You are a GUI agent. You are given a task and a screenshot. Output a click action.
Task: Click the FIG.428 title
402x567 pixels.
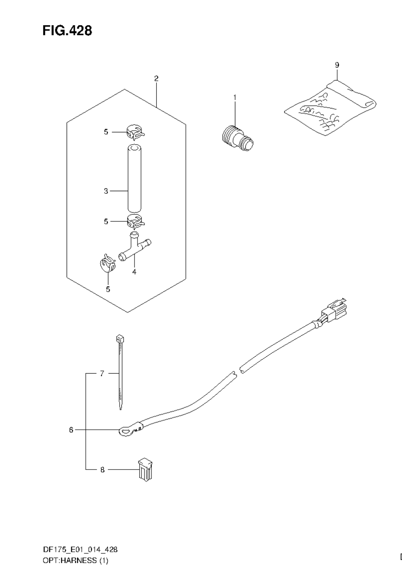pos(67,30)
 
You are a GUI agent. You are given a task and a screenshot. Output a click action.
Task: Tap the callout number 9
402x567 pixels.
pos(337,65)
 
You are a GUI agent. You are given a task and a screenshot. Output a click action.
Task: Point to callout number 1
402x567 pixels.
pos(234,98)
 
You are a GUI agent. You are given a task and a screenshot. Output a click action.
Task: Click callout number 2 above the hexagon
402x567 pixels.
pos(156,78)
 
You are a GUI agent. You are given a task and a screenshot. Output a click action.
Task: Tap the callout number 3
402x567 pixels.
pos(106,191)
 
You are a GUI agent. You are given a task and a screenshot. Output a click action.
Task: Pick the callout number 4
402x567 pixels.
pos(134,272)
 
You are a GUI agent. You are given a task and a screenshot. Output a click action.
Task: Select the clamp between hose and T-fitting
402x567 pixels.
pos(135,222)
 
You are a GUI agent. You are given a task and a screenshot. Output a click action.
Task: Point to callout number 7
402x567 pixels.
pos(102,373)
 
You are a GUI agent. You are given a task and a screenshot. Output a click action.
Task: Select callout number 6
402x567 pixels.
pos(71,430)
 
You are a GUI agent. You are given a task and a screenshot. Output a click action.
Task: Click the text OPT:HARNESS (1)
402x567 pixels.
pos(75,560)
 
